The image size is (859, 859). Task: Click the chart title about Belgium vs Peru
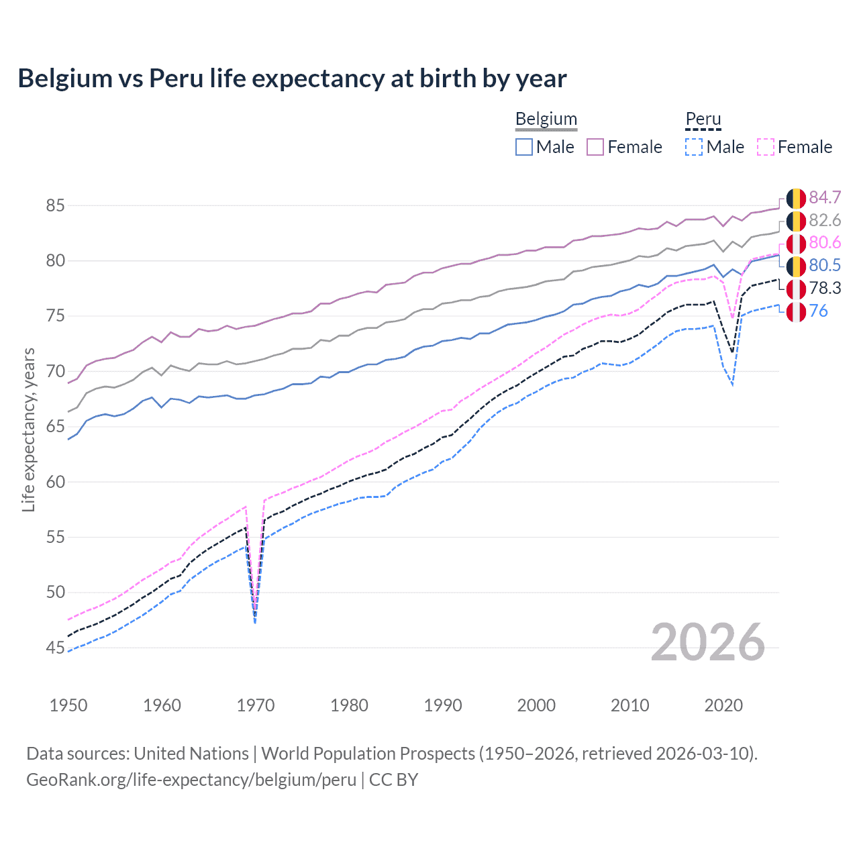point(292,79)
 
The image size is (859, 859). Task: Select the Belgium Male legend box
point(524,147)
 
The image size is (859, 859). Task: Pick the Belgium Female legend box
point(595,147)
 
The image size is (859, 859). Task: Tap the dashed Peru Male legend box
point(694,147)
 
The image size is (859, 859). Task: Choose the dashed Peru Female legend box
point(766,147)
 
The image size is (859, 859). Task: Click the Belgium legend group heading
point(546,119)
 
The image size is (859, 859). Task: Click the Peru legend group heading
point(703,119)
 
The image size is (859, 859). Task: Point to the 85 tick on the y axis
point(55,205)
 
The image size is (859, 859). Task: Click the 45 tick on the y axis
point(55,648)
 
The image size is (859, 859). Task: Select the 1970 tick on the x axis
point(256,705)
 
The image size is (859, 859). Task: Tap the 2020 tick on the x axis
point(723,705)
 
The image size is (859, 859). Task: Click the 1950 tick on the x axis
point(68,705)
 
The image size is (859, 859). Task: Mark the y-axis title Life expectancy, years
point(28,429)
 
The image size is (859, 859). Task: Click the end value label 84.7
point(825,197)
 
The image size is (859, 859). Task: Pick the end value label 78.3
point(825,288)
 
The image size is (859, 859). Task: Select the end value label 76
point(819,311)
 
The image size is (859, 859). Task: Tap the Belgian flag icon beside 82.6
point(796,221)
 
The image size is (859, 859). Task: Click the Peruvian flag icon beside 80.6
point(796,243)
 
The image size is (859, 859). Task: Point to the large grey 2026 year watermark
point(707,642)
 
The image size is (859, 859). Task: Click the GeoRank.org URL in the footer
point(191,780)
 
